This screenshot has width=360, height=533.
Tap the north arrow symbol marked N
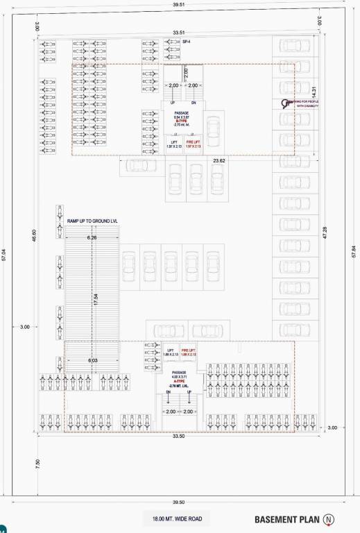tap(328, 518)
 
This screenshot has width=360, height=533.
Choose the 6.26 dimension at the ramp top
tap(92, 238)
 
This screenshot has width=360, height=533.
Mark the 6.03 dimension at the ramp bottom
tap(92, 360)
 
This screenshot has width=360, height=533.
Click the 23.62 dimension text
tap(219, 160)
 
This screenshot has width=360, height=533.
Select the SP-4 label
tap(186, 43)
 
